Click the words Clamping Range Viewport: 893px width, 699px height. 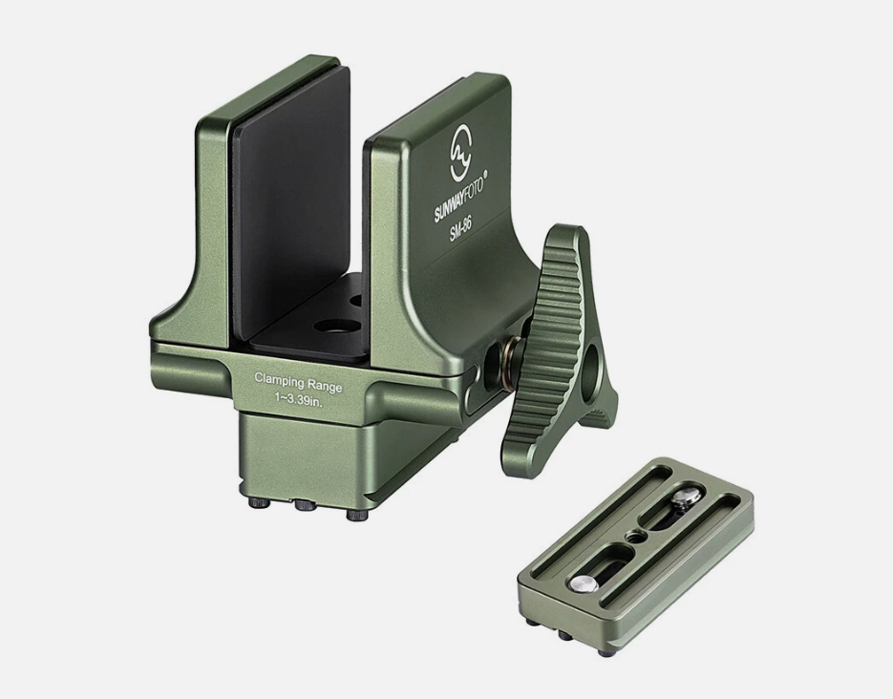[x=297, y=379]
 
